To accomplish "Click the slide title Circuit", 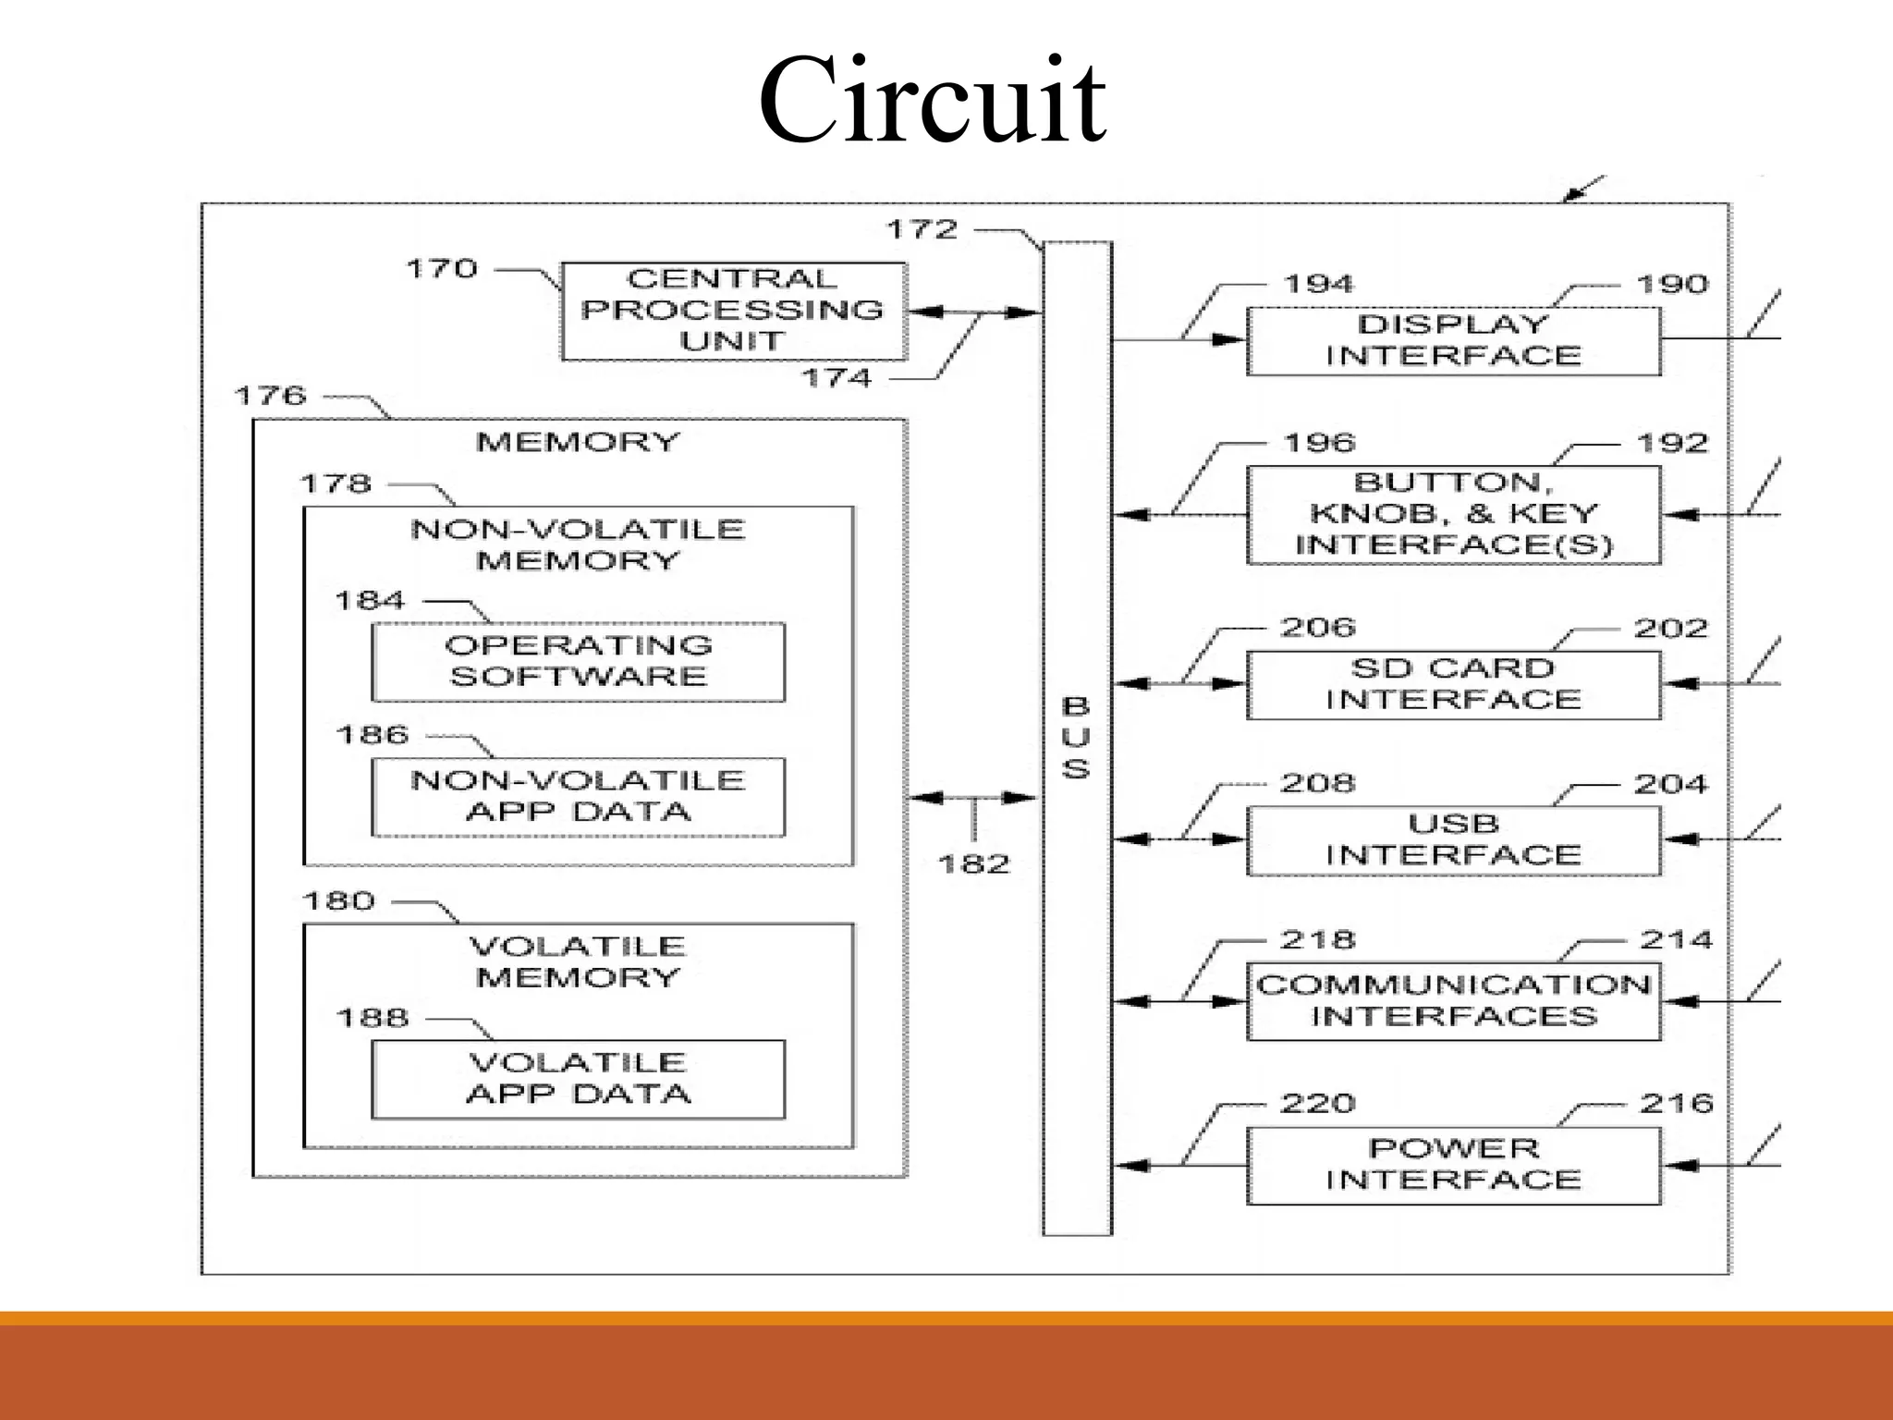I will click(932, 100).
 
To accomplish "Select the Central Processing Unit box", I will click(733, 311).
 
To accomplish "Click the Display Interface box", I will click(1453, 340).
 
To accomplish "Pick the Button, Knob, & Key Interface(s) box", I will click(1453, 514).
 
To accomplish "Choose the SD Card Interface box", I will click(1453, 684).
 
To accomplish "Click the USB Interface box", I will click(1453, 839).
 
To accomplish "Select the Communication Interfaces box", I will click(1453, 1000).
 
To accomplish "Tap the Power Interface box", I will click(1453, 1164).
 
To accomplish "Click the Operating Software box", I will click(578, 661).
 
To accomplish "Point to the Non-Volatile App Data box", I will click(578, 796).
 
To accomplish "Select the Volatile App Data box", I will click(578, 1078).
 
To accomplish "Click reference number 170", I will click(442, 269).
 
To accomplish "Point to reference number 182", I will click(973, 864).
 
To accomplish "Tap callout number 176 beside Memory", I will click(270, 396).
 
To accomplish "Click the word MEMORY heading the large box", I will click(578, 442).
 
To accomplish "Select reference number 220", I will click(1317, 1103).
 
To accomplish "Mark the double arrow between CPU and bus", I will click(974, 312).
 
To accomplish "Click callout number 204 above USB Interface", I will click(1670, 784).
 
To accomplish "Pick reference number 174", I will click(836, 377).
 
